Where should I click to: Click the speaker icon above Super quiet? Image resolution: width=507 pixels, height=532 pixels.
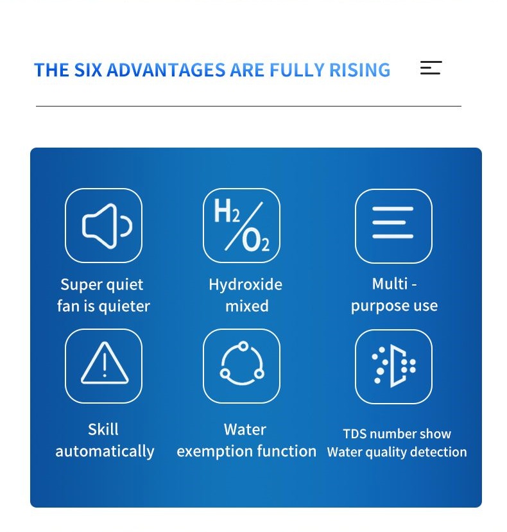[107, 226]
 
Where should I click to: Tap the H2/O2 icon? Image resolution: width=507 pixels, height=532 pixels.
[241, 225]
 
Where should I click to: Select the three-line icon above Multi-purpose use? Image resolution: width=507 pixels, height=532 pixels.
[393, 223]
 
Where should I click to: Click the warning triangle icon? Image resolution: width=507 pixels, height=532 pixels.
[105, 363]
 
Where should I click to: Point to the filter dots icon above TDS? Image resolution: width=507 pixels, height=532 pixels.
[393, 366]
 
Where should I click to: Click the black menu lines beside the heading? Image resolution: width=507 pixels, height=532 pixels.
[431, 68]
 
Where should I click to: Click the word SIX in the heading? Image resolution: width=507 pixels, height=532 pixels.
[88, 70]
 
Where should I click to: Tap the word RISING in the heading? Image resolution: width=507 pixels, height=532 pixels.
[360, 70]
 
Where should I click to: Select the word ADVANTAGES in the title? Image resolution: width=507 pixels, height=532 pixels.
[166, 70]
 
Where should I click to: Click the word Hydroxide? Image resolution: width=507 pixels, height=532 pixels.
[245, 284]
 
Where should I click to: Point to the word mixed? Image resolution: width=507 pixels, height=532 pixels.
[247, 306]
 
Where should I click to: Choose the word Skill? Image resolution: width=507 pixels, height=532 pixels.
[103, 429]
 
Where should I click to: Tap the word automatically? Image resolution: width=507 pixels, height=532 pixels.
[105, 452]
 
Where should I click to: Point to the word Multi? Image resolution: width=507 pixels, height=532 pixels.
[390, 284]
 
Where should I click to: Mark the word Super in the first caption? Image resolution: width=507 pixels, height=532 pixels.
[80, 285]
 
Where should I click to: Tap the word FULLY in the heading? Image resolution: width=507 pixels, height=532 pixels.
[297, 70]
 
